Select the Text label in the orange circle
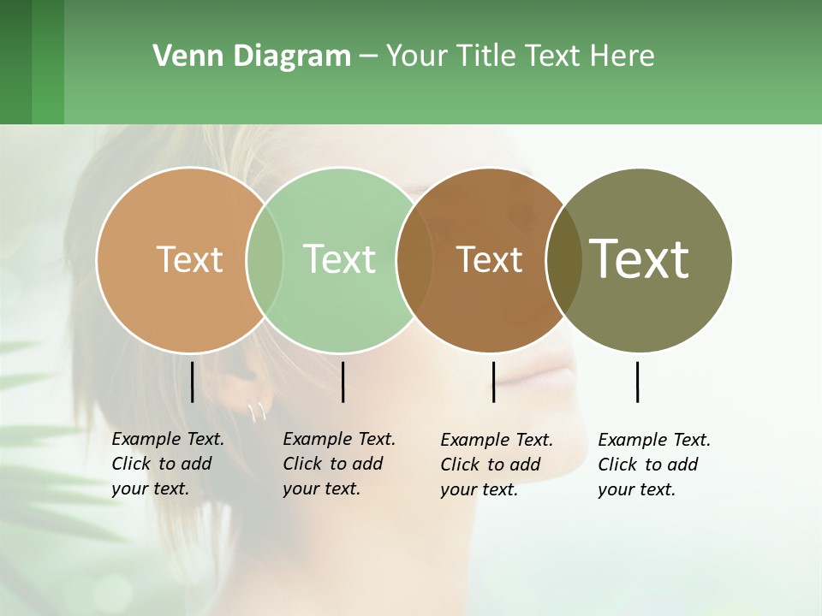[189, 259]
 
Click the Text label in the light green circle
[339, 259]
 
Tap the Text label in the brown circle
[489, 259]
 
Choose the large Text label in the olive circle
[640, 259]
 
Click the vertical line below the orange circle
[192, 382]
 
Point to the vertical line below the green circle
[342, 382]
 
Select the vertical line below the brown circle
[493, 382]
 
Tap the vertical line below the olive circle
[637, 382]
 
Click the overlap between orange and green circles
[265, 259]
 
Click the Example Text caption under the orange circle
[167, 464]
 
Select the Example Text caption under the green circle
[338, 464]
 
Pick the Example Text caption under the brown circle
[496, 465]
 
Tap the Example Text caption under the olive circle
[653, 465]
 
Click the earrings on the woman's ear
[256, 412]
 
